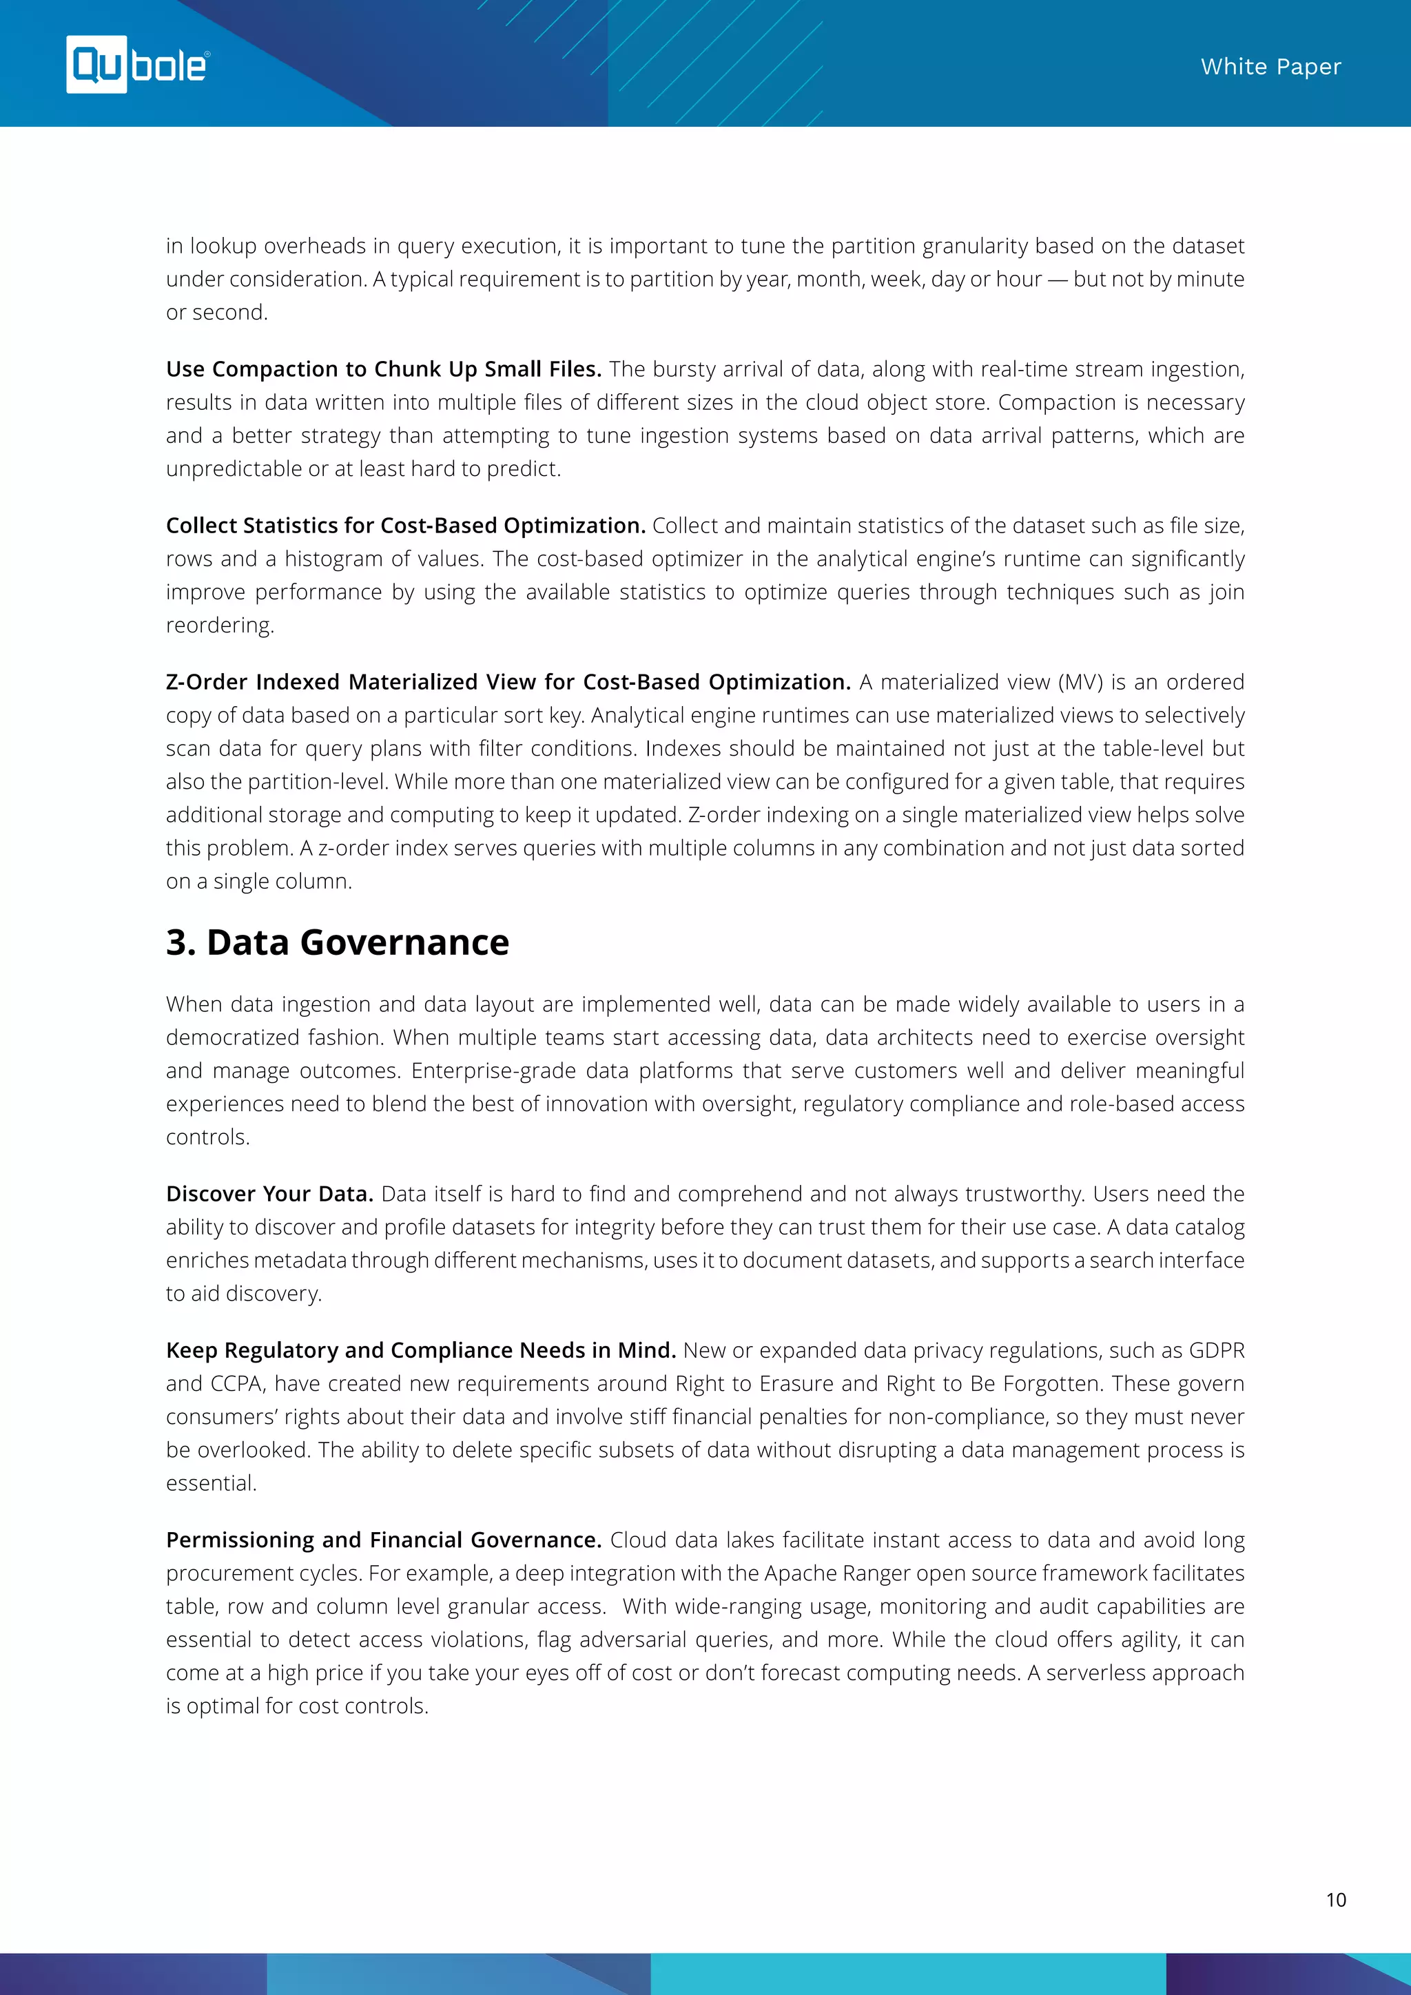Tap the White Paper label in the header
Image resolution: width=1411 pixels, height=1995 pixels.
coord(1270,67)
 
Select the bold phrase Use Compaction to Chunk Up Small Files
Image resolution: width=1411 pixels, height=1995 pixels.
coord(383,369)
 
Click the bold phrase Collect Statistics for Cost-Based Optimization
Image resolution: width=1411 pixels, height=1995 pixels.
coord(405,526)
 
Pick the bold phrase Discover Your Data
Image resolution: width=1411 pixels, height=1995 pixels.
coord(269,1194)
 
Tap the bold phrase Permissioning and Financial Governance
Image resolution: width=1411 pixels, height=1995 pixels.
coord(383,1540)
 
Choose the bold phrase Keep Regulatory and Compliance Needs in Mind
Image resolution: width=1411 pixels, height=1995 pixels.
coord(420,1350)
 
